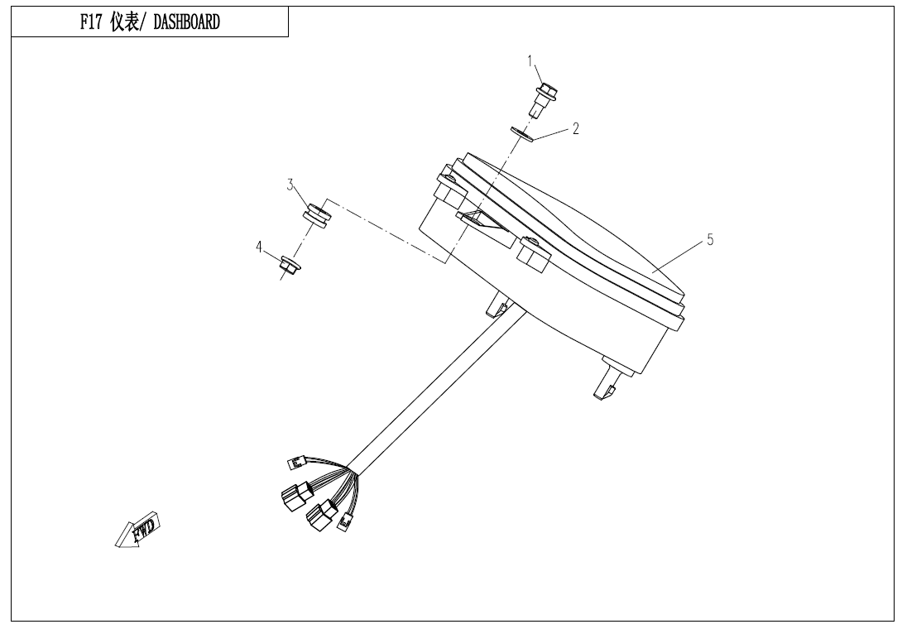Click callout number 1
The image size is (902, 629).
[531, 61]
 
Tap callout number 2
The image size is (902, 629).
[575, 128]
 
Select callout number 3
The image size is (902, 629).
[290, 185]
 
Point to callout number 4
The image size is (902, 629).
[259, 247]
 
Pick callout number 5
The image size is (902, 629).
[710, 239]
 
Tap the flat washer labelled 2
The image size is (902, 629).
[522, 134]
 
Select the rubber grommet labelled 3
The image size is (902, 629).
[317, 214]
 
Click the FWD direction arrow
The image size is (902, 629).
[137, 529]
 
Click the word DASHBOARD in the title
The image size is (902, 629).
[186, 22]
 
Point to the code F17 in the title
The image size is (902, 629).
[90, 22]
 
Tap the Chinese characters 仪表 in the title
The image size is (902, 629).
[123, 22]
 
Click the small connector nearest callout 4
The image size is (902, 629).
[295, 462]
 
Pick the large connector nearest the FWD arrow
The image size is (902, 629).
[295, 497]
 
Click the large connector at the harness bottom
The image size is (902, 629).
[321, 515]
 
